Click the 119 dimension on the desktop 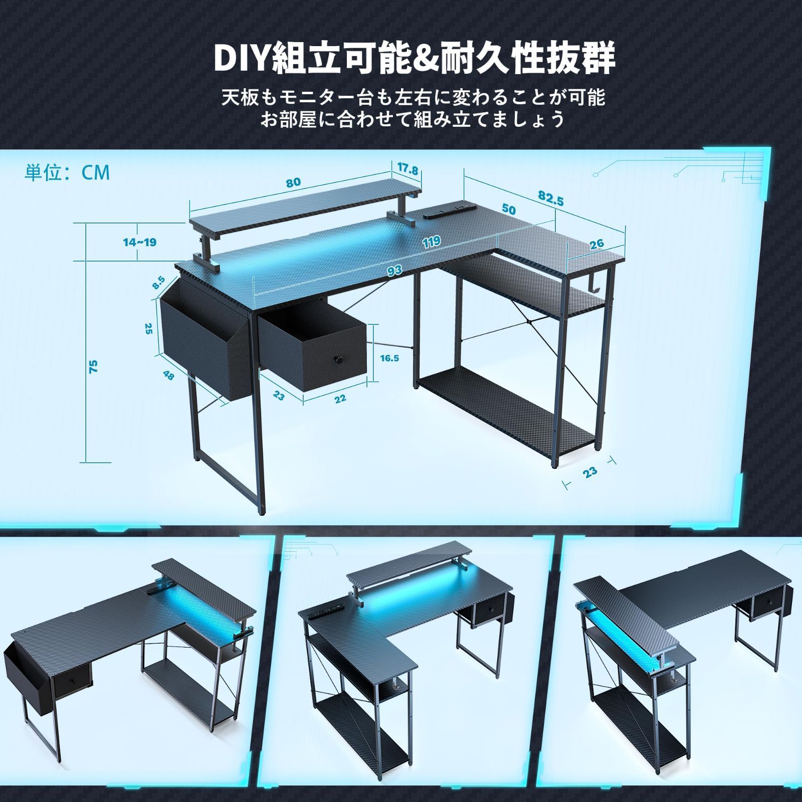point(431,243)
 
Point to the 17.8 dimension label point(408,170)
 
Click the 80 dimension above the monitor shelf point(293,182)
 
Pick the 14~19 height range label point(140,242)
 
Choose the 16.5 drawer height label point(389,358)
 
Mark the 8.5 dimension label point(159,283)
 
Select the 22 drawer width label point(340,398)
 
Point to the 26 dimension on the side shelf point(596,244)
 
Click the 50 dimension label point(509,209)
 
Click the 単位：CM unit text point(67,172)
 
